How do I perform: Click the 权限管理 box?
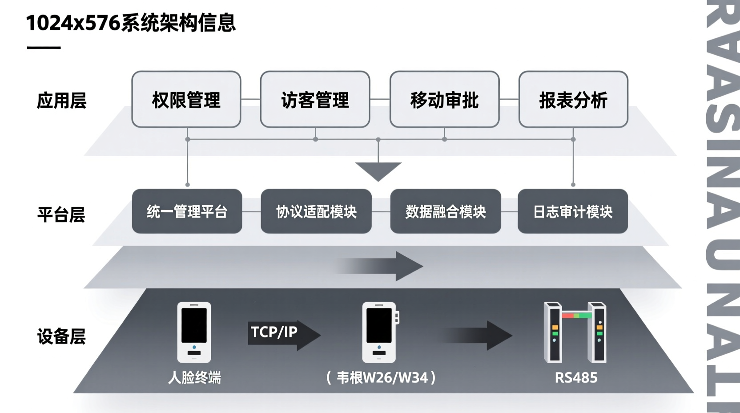point(186,100)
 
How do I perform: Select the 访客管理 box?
point(315,100)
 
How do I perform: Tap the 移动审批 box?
point(444,100)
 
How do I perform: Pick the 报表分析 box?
point(573,100)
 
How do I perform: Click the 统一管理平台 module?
point(187,211)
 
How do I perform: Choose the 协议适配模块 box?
point(316,211)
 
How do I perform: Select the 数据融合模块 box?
point(445,211)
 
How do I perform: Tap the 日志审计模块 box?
point(572,211)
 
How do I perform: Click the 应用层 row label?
point(61,101)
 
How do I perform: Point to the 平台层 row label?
point(61,215)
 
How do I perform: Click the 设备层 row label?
point(61,336)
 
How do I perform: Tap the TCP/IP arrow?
point(283,334)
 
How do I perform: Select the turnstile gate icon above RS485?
point(575,332)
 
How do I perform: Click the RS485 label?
point(576,378)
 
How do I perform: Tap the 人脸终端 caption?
point(194,378)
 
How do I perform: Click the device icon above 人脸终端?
point(194,332)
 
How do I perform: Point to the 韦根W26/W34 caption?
point(382,378)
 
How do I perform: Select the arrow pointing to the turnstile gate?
point(478,335)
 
